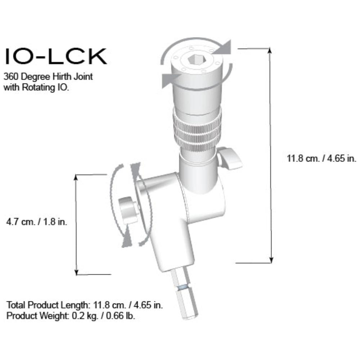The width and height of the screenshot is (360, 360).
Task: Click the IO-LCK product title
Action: coord(56,56)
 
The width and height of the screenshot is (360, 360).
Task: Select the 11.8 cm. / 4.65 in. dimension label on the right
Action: coord(321,158)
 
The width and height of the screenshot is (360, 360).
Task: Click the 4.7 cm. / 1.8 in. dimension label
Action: coord(37,222)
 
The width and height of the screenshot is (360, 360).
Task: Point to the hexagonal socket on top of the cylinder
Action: coord(197,60)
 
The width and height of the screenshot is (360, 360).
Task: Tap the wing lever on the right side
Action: coord(230,158)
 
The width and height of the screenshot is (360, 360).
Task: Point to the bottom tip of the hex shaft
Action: coord(191,318)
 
